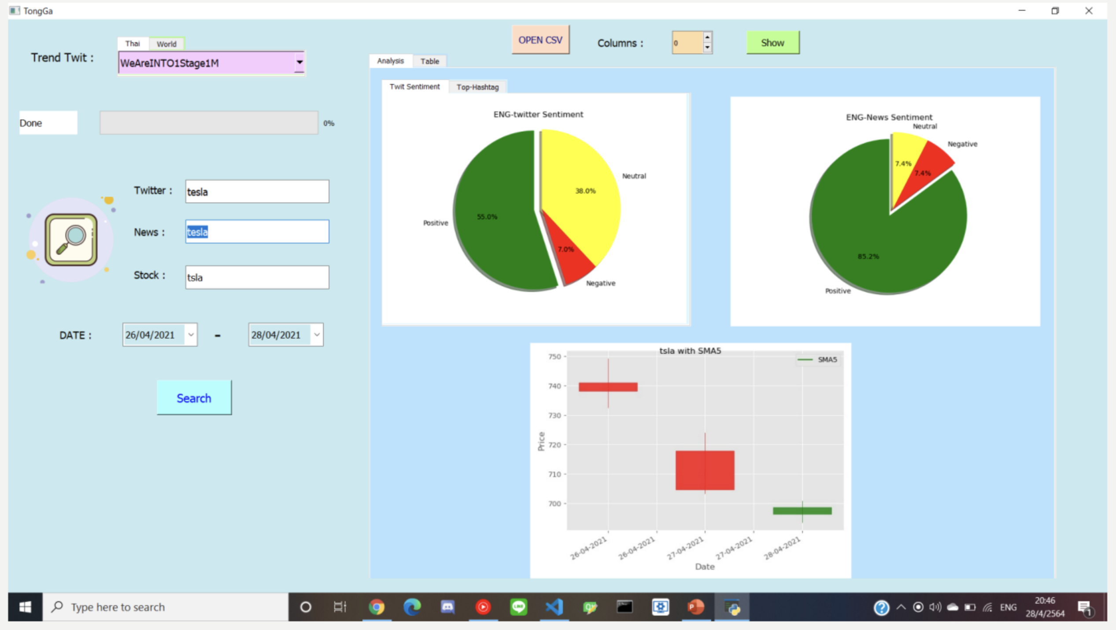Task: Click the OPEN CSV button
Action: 540,40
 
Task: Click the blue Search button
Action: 194,398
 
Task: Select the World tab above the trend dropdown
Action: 166,44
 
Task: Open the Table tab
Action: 429,61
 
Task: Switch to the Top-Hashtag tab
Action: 477,87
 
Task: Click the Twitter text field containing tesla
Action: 257,192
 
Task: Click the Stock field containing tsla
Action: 257,278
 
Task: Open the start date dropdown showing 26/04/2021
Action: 191,335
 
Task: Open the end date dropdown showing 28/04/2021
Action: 317,335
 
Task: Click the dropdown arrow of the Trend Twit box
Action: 299,63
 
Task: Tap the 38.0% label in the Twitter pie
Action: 585,191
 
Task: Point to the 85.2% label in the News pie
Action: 868,256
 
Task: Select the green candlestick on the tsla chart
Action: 802,511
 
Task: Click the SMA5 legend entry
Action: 817,360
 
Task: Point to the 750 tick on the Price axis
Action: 554,357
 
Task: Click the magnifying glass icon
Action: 71,240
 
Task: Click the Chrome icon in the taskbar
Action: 377,607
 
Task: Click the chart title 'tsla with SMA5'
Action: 690,351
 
